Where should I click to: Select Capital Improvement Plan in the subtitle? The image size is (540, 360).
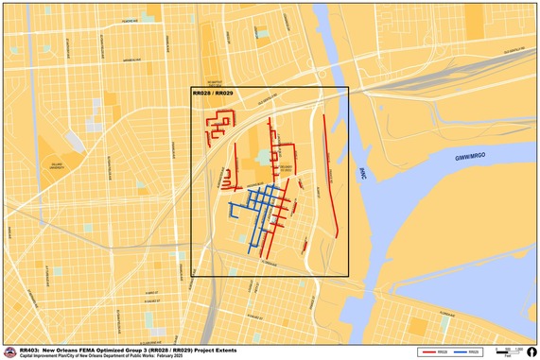coord(44,354)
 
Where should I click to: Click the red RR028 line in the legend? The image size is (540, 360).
coord(429,351)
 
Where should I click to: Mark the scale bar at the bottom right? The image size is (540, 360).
coord(507,351)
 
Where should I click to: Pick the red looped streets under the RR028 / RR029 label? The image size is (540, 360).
coord(223,124)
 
